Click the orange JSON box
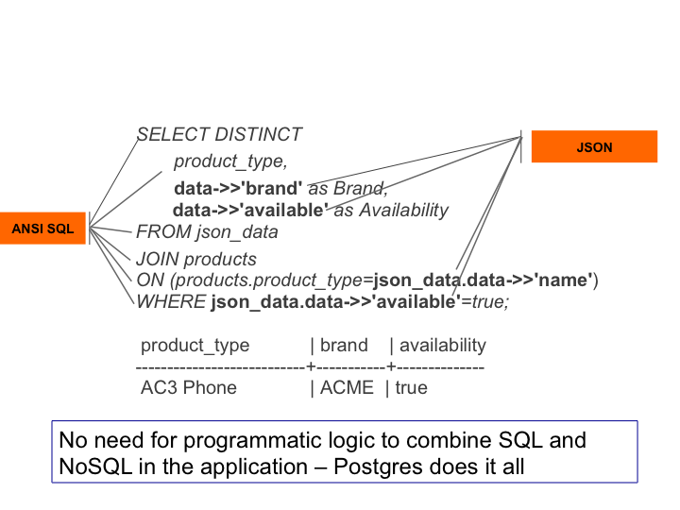point(594,147)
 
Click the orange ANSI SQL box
point(42,228)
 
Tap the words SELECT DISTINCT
point(219,135)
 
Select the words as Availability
point(391,210)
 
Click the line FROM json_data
point(207,231)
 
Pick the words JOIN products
point(195,259)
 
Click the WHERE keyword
point(171,302)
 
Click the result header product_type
point(195,345)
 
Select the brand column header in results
point(344,345)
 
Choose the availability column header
point(442,345)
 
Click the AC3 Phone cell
point(189,387)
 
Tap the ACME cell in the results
point(347,387)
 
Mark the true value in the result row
point(411,387)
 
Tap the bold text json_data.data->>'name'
point(483,280)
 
